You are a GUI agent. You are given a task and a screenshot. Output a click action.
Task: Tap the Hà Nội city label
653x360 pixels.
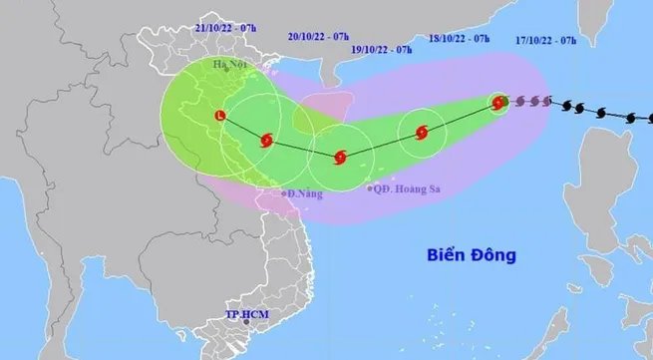click(x=231, y=65)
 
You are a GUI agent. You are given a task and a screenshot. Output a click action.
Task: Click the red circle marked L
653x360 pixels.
click(x=220, y=117)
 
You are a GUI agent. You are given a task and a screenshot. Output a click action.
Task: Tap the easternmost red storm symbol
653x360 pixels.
click(x=498, y=101)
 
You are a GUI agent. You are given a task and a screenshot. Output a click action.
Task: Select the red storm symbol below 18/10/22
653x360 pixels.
click(x=420, y=132)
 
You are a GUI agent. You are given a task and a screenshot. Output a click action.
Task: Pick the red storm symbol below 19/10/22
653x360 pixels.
click(x=341, y=157)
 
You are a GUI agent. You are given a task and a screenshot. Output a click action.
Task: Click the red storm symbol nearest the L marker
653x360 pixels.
click(x=265, y=141)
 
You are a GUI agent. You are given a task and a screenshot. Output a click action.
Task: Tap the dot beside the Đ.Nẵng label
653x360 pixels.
click(x=283, y=193)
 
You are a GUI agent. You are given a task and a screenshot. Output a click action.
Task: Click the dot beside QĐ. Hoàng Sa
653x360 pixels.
click(x=370, y=187)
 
